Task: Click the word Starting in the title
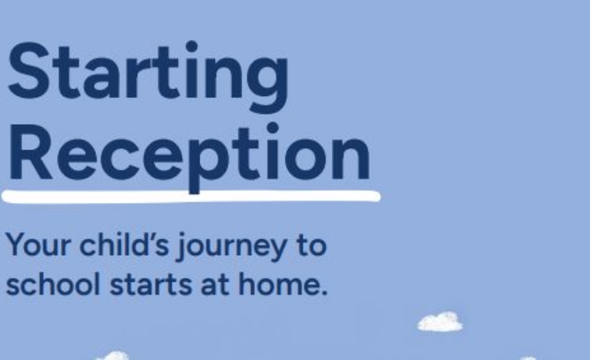tap(149, 76)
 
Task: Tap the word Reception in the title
tap(189, 157)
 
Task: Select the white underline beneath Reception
tap(191, 197)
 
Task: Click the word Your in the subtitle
tap(38, 245)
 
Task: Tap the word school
tap(53, 283)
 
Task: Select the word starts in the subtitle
tap(151, 285)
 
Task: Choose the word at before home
tap(215, 285)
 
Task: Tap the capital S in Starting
tap(29, 71)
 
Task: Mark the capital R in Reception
tap(30, 153)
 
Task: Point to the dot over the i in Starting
tap(192, 46)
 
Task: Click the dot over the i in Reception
tap(272, 128)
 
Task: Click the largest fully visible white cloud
tap(440, 322)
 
